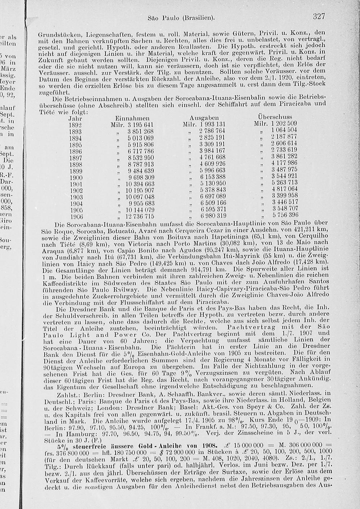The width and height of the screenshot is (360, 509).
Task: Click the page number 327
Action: click(x=319, y=17)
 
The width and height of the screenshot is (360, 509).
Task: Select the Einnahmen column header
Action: click(x=132, y=118)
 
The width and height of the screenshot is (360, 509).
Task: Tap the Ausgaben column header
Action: click(x=204, y=118)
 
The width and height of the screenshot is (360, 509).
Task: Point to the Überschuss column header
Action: click(x=275, y=117)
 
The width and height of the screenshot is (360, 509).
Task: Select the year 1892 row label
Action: click(x=76, y=125)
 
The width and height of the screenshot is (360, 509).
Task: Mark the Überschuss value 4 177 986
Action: click(x=284, y=163)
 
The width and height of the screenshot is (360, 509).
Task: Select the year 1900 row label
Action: click(x=76, y=177)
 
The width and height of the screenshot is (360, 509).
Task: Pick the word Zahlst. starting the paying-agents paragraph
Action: click(x=65, y=395)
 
